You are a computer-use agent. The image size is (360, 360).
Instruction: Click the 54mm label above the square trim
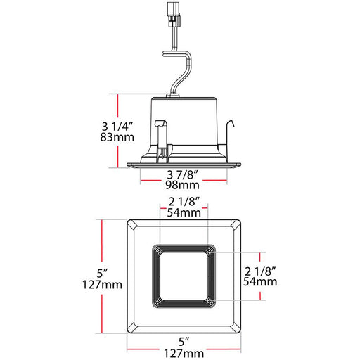[184, 213]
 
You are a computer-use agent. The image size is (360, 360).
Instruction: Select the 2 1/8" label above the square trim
[184, 202]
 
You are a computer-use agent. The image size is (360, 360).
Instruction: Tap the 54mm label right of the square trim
[259, 281]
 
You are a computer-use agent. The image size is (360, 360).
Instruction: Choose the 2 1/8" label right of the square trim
[259, 269]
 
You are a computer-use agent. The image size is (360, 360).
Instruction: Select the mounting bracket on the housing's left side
[161, 138]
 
